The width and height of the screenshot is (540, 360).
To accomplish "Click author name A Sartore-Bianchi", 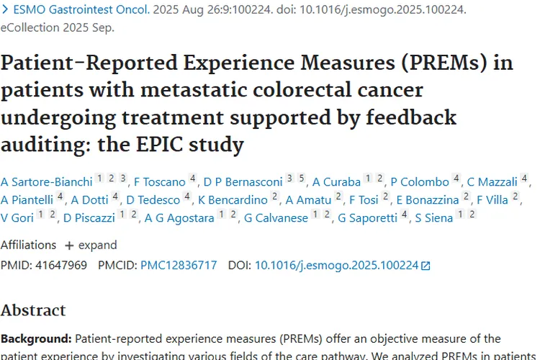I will coord(47,182).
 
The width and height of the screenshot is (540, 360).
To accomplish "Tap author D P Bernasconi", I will coord(243,182).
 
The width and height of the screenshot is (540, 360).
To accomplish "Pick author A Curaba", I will coord(336,182).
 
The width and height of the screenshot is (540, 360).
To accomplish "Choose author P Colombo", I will coord(419,182).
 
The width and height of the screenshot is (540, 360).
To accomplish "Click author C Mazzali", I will coord(492,182).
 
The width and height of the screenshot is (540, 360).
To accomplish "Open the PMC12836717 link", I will coord(179,265).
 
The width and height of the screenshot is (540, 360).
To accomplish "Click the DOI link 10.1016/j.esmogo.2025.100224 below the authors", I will coord(336,265).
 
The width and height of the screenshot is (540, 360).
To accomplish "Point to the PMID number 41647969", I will coord(59,265).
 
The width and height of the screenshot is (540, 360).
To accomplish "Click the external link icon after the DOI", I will coord(426,266).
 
